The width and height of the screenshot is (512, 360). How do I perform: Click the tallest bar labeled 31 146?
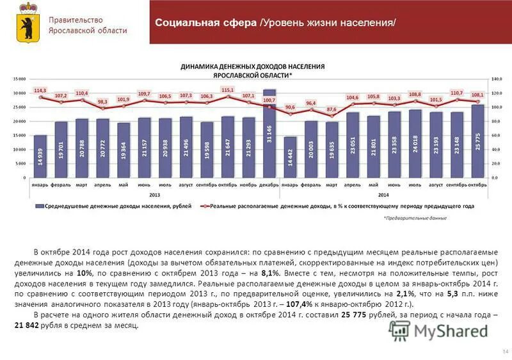click(269, 134)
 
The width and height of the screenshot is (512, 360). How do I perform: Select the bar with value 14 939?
click(40, 157)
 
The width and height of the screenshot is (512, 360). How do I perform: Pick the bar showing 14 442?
click(290, 157)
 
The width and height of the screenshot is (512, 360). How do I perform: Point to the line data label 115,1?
click(228, 90)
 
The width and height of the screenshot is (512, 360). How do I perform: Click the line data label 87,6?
click(331, 109)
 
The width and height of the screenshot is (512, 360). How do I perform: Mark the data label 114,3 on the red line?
click(40, 91)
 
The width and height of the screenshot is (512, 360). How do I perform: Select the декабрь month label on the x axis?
click(269, 184)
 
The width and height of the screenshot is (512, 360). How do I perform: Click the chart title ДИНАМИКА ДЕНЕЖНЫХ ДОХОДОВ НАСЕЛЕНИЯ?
click(253, 66)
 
